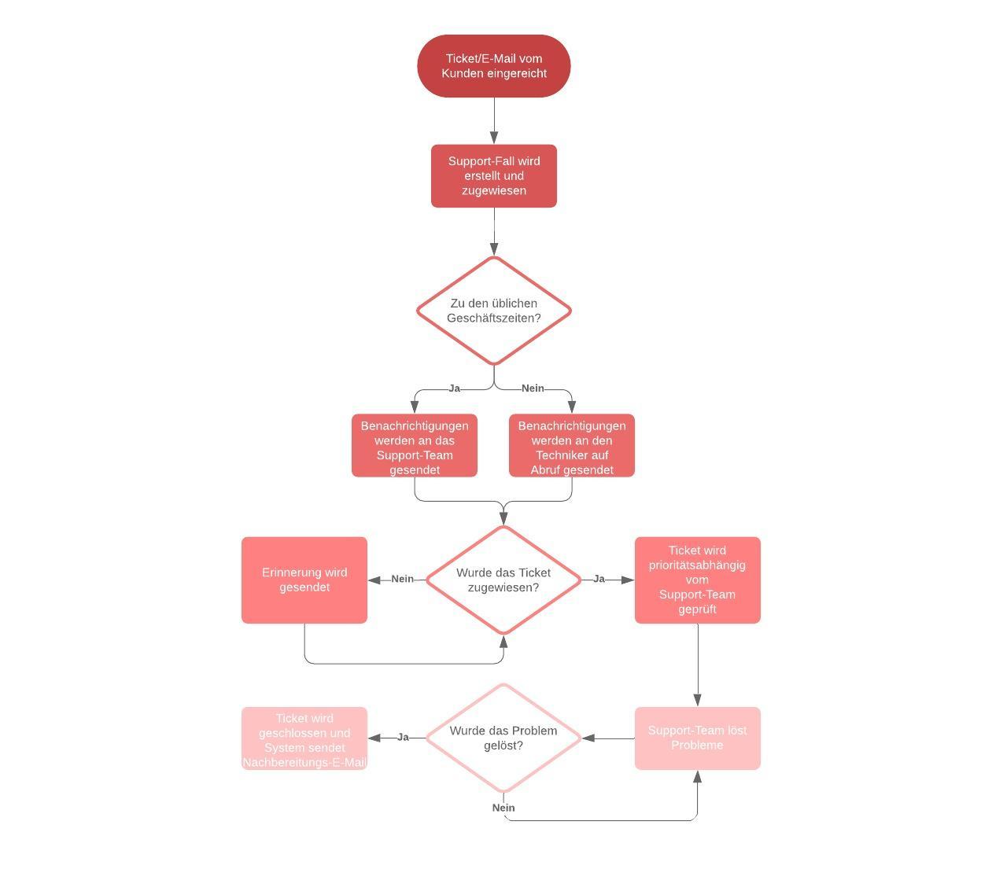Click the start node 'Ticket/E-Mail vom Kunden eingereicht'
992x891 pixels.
[x=493, y=66]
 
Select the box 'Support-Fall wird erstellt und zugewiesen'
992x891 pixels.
[x=493, y=176]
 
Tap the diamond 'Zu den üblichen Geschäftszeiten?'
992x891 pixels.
[x=493, y=311]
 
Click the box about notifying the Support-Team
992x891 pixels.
[x=415, y=446]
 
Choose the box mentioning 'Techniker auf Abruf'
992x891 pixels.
[x=572, y=446]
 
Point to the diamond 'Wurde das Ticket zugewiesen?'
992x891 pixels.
[x=503, y=580]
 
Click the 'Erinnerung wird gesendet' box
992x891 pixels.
[x=304, y=580]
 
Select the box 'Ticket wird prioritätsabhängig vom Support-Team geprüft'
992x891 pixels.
[x=698, y=580]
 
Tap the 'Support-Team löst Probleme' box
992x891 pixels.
[x=698, y=738]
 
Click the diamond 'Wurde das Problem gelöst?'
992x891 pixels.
[x=503, y=738]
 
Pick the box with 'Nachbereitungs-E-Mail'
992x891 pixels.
[x=304, y=738]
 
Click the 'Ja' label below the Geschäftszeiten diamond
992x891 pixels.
[x=454, y=388]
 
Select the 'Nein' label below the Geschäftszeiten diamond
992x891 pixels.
[x=533, y=388]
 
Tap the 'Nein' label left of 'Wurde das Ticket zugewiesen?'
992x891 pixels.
[x=402, y=579]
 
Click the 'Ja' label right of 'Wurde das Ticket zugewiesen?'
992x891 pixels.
[x=599, y=579]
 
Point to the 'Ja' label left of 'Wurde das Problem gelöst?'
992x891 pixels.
[x=403, y=737]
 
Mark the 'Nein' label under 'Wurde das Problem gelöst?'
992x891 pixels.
[x=503, y=808]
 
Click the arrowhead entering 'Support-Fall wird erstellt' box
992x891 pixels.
[x=494, y=138]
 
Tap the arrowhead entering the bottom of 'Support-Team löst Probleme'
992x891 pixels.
[x=697, y=777]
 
